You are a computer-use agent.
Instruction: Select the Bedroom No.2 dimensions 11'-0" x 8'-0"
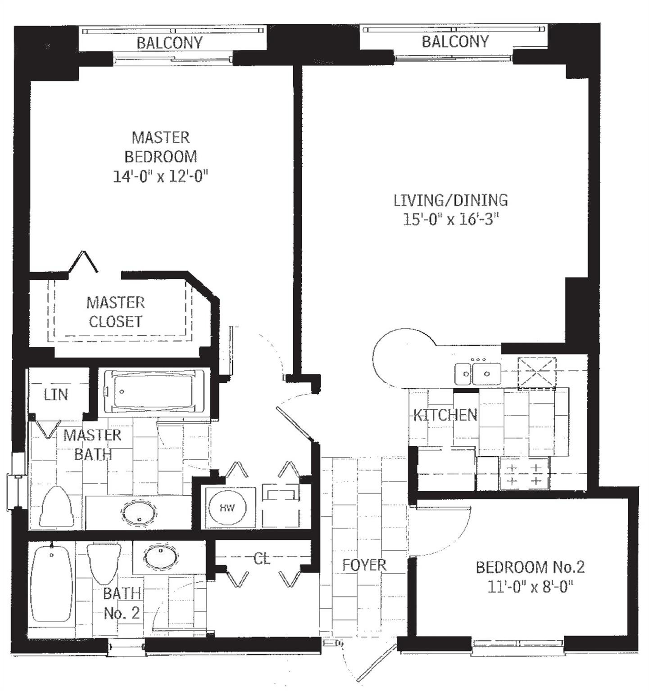click(530, 587)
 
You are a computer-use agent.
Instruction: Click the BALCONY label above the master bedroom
click(170, 43)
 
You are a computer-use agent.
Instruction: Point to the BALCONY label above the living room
click(455, 41)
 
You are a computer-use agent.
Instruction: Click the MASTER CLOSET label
click(116, 312)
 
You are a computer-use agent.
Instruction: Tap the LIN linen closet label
click(56, 395)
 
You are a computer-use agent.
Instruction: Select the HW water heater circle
click(227, 508)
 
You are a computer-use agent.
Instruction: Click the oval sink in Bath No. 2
click(160, 556)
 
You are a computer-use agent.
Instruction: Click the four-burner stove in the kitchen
click(524, 474)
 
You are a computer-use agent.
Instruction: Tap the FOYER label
click(364, 565)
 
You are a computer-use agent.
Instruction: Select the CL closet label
click(262, 559)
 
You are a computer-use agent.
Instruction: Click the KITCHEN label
click(445, 414)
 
